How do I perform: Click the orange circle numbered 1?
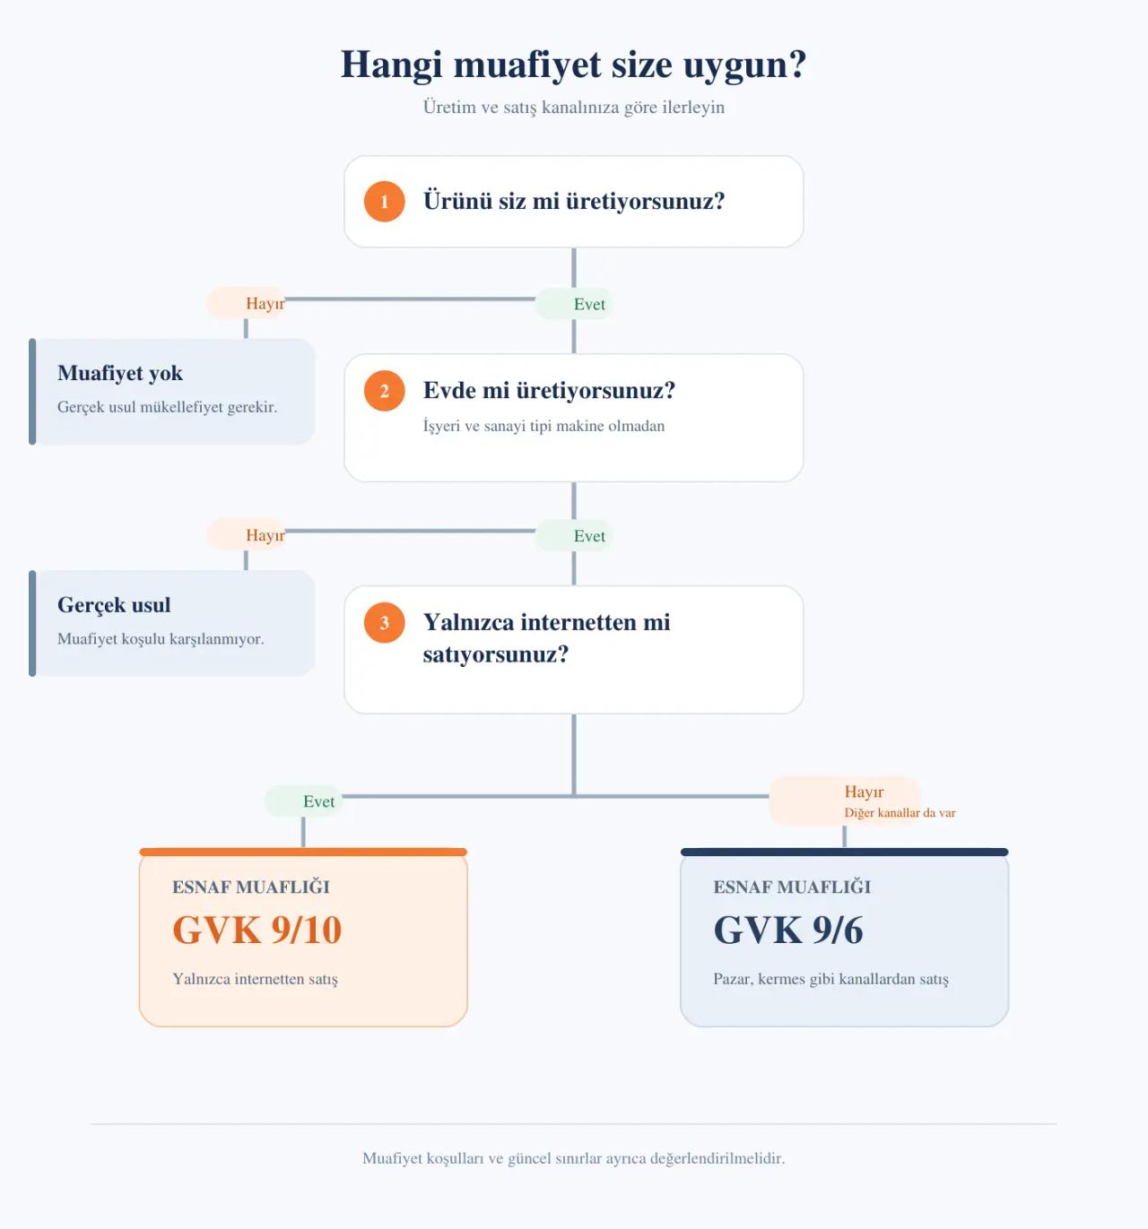coord(384,201)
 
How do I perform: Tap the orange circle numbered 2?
coord(384,391)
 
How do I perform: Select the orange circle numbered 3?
coord(384,622)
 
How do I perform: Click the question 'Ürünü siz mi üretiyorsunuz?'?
coord(573,201)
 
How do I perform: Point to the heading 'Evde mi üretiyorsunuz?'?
coord(549,391)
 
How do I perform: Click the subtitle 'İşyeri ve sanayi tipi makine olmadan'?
coord(544,426)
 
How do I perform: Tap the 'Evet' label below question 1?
coord(589,304)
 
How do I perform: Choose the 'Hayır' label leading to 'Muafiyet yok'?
coord(265,303)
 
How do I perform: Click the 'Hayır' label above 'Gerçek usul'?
coord(265,534)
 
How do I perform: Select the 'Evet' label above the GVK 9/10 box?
coord(318,801)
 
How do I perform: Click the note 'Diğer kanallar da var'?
coord(900,812)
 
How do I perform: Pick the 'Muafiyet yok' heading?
coord(120,373)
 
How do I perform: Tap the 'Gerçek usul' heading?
coord(114,604)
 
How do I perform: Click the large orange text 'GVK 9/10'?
coord(257,930)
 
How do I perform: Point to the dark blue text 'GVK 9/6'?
coord(788,930)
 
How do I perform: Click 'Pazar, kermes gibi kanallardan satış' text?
coord(831,979)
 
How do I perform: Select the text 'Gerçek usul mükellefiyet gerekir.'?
coord(167,407)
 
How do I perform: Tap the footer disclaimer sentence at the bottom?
coord(573,1158)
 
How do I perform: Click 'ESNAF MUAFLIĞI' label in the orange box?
coord(251,887)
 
